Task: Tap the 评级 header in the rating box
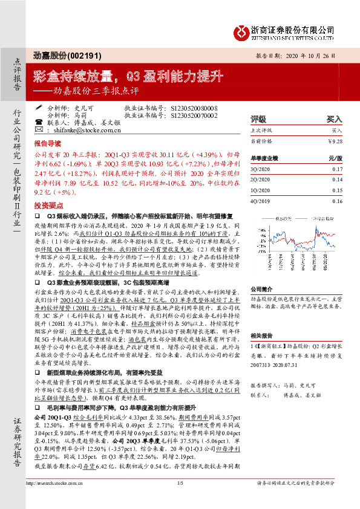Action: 258,119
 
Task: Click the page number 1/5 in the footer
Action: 180,499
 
